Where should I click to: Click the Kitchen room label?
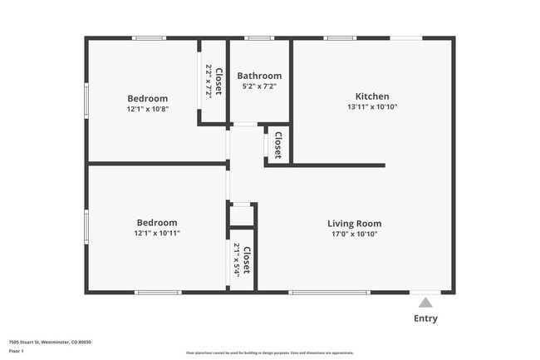click(x=372, y=96)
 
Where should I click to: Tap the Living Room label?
click(x=354, y=223)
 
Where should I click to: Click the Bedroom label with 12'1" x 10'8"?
click(x=148, y=98)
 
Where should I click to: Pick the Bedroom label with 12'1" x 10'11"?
click(x=157, y=222)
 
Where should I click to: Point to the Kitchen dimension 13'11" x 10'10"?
click(x=372, y=107)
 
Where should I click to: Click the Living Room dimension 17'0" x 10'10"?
click(x=354, y=234)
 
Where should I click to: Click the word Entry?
click(x=425, y=318)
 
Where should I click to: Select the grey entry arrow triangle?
click(x=425, y=303)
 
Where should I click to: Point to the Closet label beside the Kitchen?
click(x=278, y=145)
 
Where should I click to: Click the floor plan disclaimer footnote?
click(x=269, y=353)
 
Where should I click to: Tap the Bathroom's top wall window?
click(x=259, y=38)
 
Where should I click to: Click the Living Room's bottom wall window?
click(x=329, y=292)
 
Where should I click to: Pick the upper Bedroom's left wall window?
click(x=86, y=100)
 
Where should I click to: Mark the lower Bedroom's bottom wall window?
click(x=158, y=292)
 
